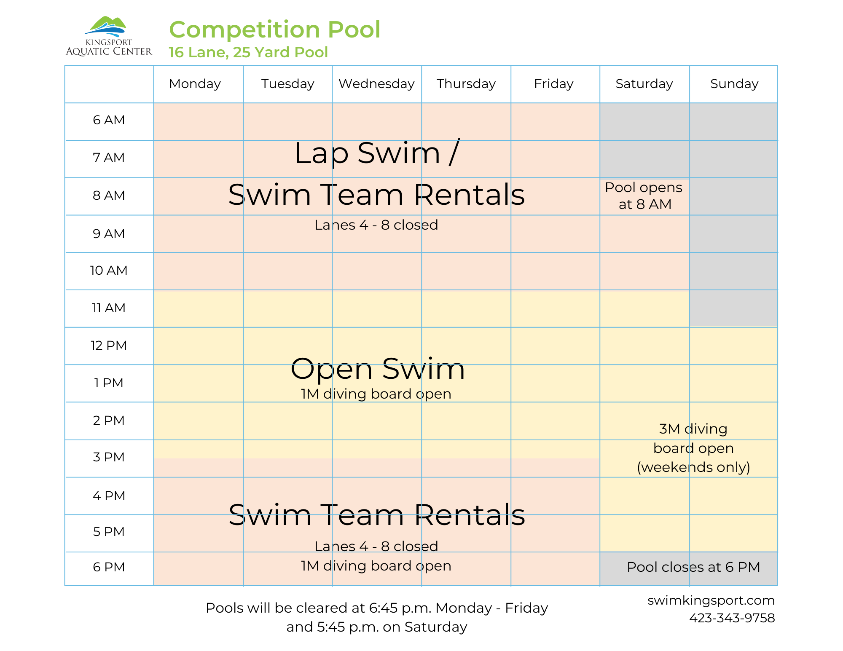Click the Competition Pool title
tap(274, 30)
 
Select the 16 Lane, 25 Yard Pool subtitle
tap(248, 52)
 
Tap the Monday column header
tap(195, 84)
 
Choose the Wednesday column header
tap(376, 84)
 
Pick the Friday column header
tap(553, 84)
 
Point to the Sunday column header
tap(734, 84)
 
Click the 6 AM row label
tap(109, 120)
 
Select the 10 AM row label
tap(109, 271)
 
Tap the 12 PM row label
tap(109, 346)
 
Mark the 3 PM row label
tap(109, 457)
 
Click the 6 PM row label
tap(109, 567)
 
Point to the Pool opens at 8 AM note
tap(644, 196)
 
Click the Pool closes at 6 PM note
tap(693, 567)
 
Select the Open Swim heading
tap(378, 369)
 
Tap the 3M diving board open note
tap(693, 448)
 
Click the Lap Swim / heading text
tap(376, 153)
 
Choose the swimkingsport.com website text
tap(711, 600)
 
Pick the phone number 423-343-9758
tap(732, 618)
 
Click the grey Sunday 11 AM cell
tap(733, 308)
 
